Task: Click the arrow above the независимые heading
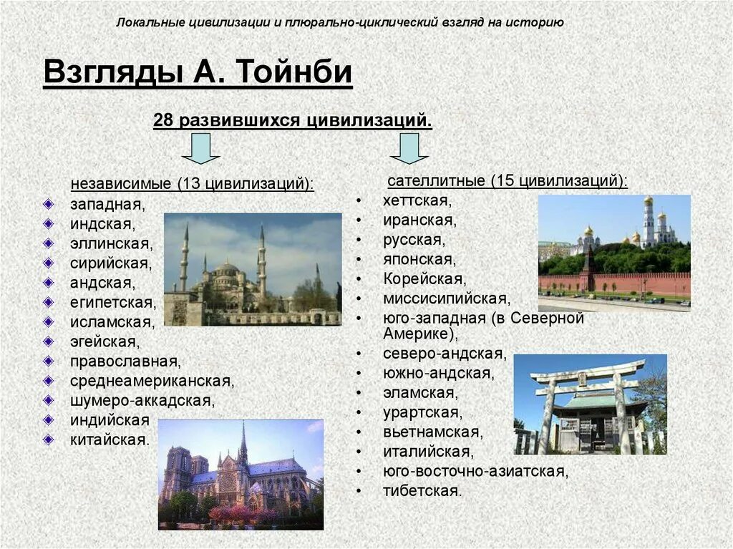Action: [200, 149]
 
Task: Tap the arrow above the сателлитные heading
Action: [409, 149]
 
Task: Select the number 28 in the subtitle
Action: [164, 120]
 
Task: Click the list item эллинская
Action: [111, 243]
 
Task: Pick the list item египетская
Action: [112, 302]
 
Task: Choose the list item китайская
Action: [110, 439]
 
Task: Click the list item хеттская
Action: [416, 200]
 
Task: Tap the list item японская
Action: [419, 258]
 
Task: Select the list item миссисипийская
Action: [446, 298]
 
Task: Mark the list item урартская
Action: [422, 412]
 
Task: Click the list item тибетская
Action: [422, 491]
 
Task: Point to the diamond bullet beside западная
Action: [47, 204]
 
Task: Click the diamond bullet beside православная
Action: [47, 361]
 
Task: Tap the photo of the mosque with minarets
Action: [253, 269]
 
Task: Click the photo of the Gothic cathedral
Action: [241, 474]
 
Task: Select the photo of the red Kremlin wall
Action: [614, 253]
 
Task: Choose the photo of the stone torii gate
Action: [590, 404]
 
